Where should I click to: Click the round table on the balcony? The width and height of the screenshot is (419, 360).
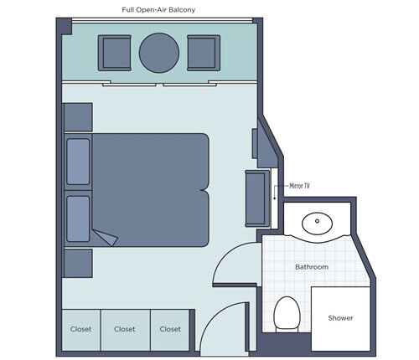[158, 53]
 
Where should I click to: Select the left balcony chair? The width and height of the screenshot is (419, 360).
[115, 53]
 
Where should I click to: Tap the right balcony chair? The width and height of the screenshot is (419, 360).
[202, 53]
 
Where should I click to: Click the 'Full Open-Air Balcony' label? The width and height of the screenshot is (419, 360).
[159, 10]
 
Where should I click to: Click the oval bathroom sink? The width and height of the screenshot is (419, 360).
[318, 223]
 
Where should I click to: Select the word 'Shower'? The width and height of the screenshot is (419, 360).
[340, 318]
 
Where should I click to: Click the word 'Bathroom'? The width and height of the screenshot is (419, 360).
[311, 267]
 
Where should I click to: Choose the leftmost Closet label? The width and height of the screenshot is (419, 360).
[80, 329]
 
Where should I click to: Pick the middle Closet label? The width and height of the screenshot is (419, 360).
[125, 329]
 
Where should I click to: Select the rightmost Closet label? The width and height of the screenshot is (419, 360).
[170, 329]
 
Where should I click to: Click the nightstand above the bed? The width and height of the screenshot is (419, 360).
[77, 117]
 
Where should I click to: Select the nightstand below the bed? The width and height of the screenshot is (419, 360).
[77, 262]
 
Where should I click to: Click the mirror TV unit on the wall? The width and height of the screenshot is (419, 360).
[255, 198]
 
